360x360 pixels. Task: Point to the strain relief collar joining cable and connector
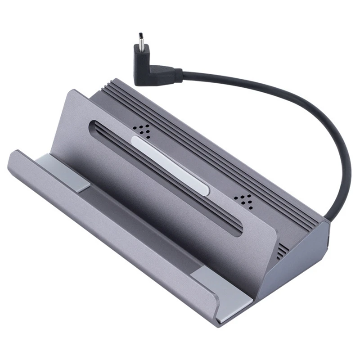coord(177,75)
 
